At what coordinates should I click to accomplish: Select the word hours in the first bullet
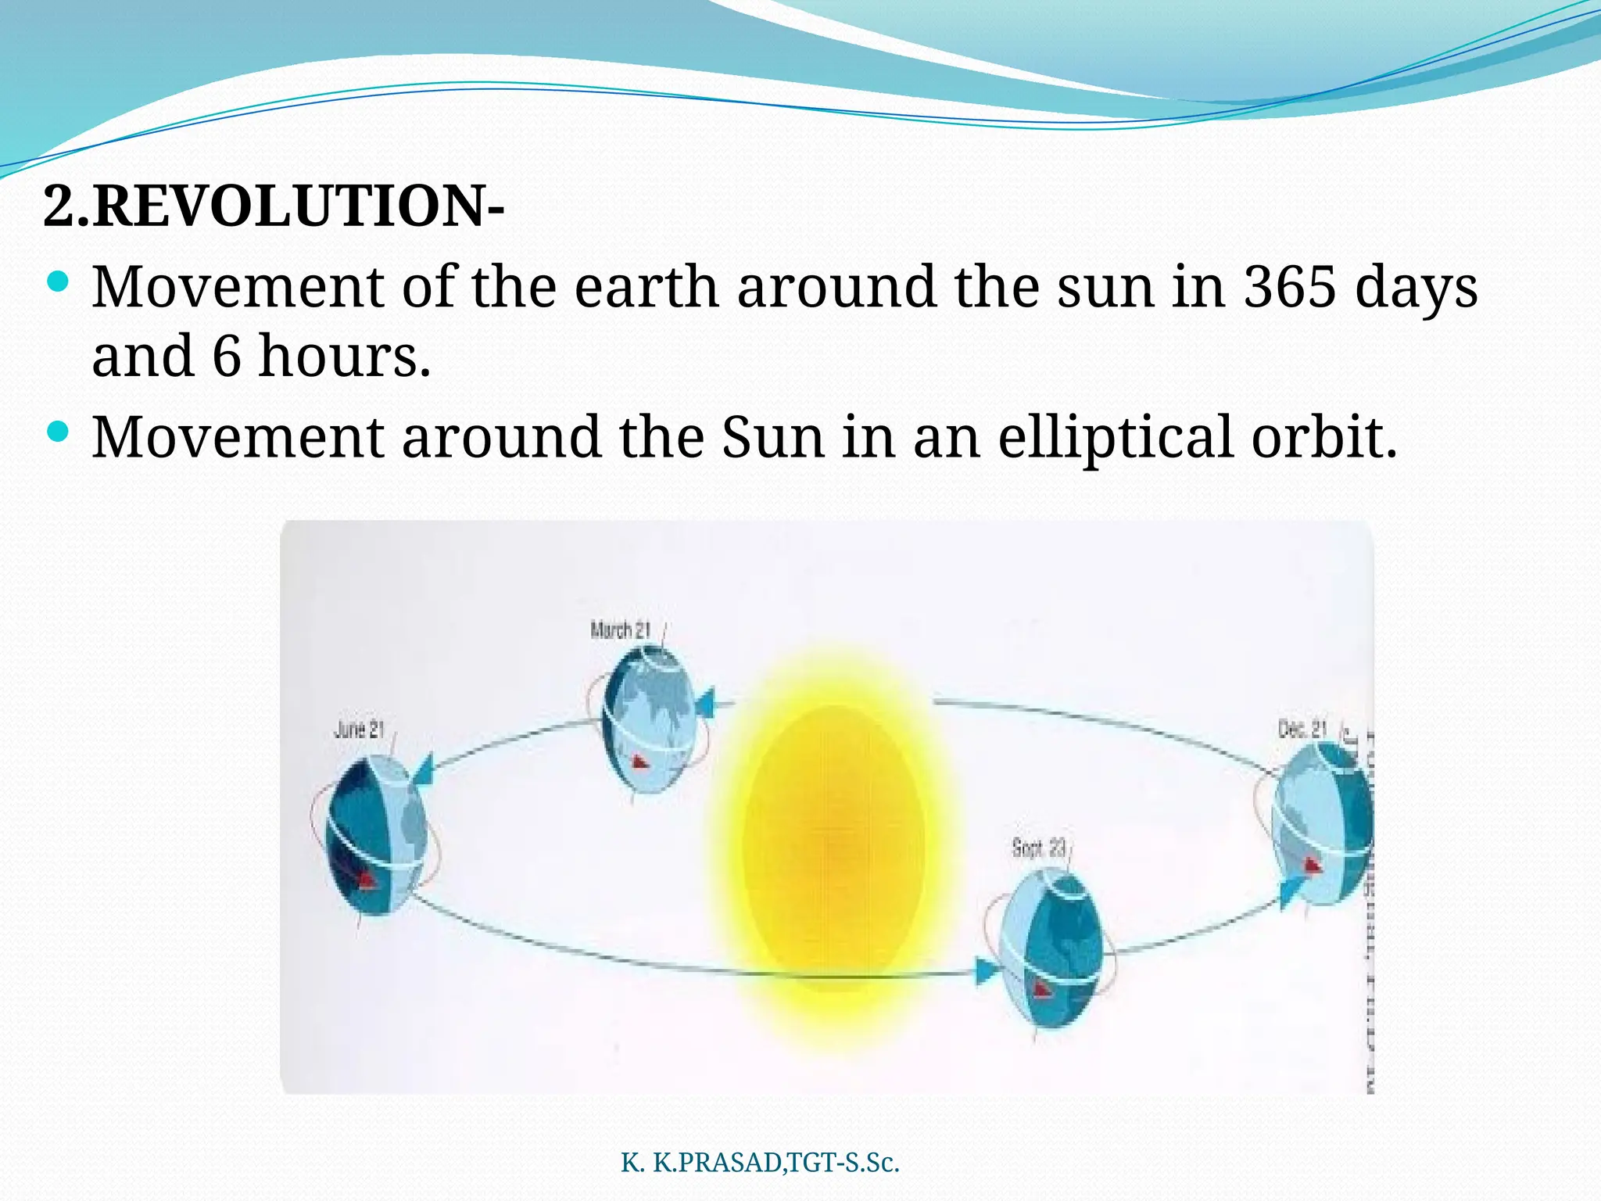click(344, 356)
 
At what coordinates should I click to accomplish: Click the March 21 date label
click(620, 630)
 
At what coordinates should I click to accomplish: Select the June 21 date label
click(359, 730)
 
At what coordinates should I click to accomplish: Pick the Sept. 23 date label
click(1039, 848)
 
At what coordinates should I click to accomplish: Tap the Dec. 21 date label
click(1302, 729)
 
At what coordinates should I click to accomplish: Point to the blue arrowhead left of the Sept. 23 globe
click(987, 971)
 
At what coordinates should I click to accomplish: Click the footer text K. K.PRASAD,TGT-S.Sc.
click(760, 1163)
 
